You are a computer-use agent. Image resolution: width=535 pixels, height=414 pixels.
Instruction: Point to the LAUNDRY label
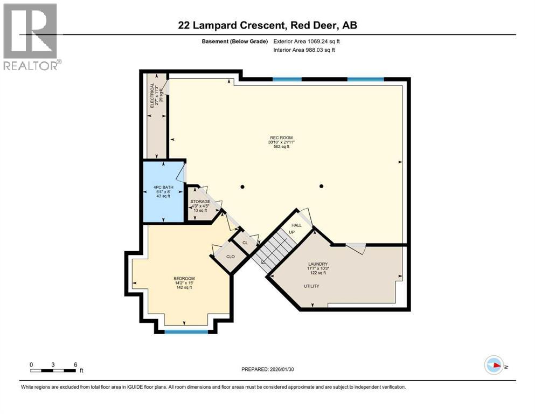[x=317, y=264]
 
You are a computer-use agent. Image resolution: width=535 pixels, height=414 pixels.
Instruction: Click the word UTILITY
[x=311, y=286]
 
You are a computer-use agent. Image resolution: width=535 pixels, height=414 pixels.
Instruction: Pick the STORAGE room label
[x=200, y=202]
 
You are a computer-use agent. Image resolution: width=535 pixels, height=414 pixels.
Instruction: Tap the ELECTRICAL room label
[x=152, y=95]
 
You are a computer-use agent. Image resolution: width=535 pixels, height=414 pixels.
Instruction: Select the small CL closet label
[x=245, y=243]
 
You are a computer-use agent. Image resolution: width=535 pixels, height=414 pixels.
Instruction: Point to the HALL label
[x=296, y=225]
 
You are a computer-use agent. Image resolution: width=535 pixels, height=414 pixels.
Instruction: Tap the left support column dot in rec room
[x=243, y=187]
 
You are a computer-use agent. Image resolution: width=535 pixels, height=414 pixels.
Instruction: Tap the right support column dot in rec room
[x=322, y=187]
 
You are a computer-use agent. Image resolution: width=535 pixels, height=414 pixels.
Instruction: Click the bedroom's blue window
[x=186, y=332]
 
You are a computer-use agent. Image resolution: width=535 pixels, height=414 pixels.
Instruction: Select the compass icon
[x=494, y=365]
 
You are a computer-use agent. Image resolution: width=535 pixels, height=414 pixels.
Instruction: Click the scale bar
[x=53, y=370]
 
